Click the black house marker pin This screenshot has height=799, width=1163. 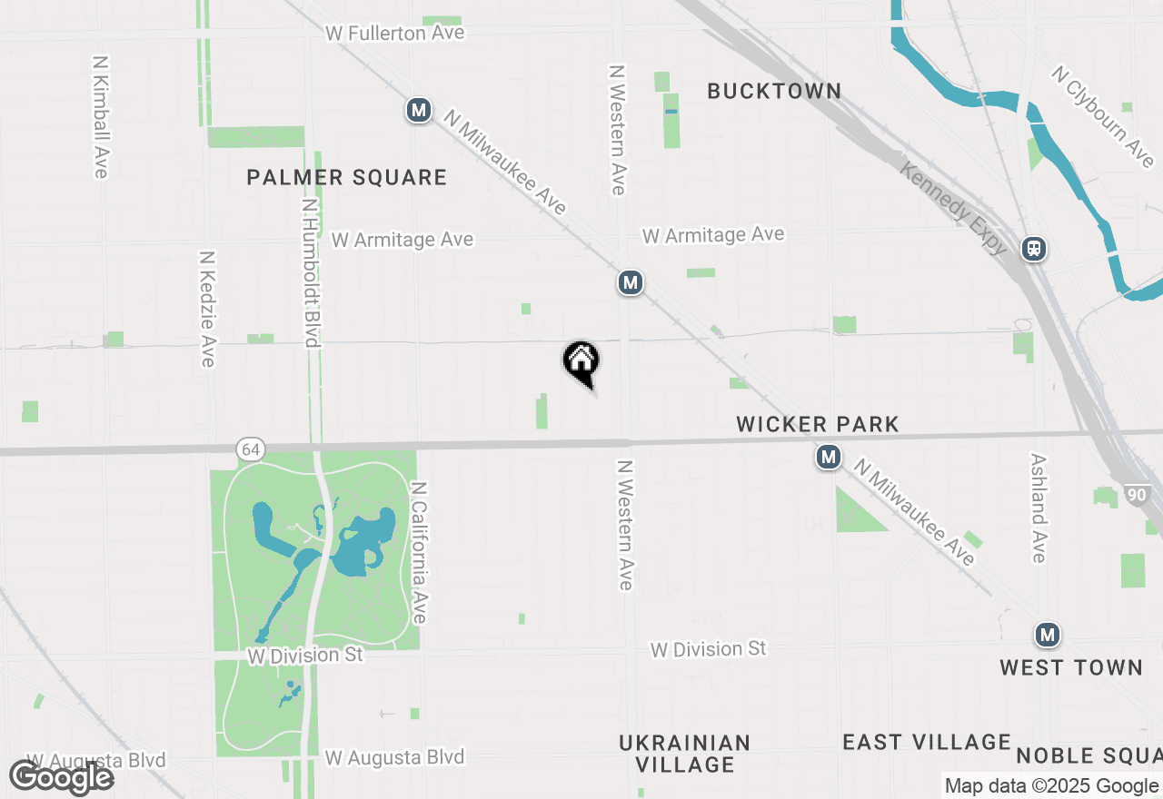(x=581, y=361)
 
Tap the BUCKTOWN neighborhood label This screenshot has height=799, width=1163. (x=774, y=91)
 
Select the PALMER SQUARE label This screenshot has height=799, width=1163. (x=347, y=177)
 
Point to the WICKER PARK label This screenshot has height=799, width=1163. (x=818, y=424)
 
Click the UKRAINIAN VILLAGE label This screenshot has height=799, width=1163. (x=685, y=754)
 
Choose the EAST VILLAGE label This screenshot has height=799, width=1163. (x=927, y=743)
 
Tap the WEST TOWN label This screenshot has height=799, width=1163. (x=1071, y=667)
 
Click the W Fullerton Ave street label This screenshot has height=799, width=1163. (x=395, y=34)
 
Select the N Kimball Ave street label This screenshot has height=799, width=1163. (x=101, y=117)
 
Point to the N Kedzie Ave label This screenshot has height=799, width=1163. (x=207, y=309)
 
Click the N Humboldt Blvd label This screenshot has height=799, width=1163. (x=310, y=272)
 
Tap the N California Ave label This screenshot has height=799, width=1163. (x=419, y=552)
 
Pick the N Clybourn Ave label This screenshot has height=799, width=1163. (x=1103, y=116)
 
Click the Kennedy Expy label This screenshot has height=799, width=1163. (x=954, y=208)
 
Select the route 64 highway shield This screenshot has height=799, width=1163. (x=250, y=449)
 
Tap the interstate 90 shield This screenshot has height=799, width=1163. (x=1136, y=495)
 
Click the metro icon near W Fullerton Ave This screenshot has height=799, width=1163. (x=418, y=111)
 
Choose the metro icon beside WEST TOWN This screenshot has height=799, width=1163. (x=1048, y=634)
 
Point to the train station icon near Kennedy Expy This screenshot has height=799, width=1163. (x=1033, y=248)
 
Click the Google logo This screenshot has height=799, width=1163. (x=62, y=778)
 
